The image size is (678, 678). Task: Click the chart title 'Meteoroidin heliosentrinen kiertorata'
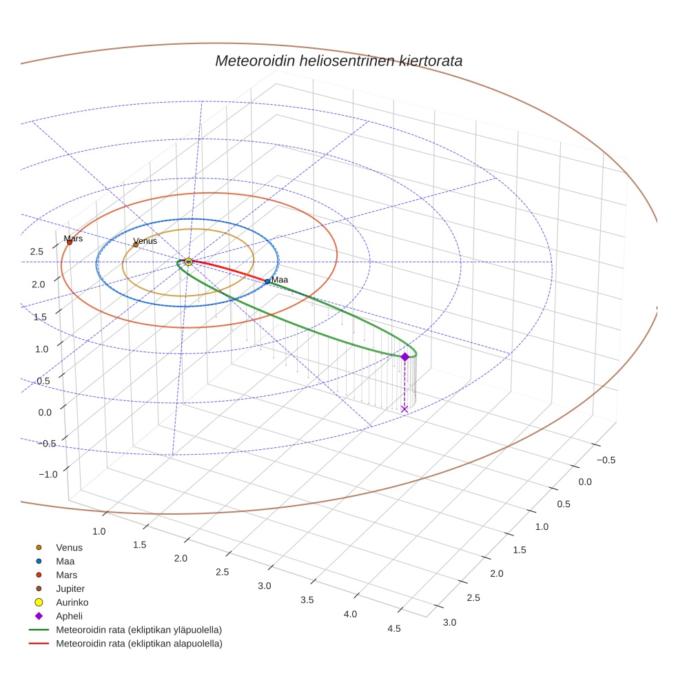click(x=338, y=61)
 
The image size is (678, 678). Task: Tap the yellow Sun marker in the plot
click(x=188, y=262)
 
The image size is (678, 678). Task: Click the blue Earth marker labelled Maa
click(x=267, y=281)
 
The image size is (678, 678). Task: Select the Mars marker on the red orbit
click(x=70, y=242)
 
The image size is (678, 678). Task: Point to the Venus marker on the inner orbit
click(x=136, y=245)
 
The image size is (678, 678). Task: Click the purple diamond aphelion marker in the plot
click(x=404, y=356)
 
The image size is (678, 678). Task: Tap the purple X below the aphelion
click(x=404, y=409)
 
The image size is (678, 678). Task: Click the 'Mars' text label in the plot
click(x=73, y=238)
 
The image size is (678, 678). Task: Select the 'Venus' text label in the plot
click(x=145, y=240)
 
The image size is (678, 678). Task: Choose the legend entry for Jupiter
click(x=70, y=588)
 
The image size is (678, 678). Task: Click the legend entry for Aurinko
click(x=72, y=602)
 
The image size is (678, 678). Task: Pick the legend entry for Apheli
click(x=69, y=616)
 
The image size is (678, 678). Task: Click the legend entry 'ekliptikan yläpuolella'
click(x=138, y=630)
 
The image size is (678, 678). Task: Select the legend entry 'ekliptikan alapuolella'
click(x=138, y=644)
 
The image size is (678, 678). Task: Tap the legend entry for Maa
click(x=65, y=561)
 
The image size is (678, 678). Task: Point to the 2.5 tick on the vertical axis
click(x=37, y=251)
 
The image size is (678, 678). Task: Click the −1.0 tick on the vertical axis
click(x=48, y=474)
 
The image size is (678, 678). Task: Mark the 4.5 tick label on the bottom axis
click(x=393, y=628)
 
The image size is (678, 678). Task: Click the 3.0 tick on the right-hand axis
click(x=449, y=622)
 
